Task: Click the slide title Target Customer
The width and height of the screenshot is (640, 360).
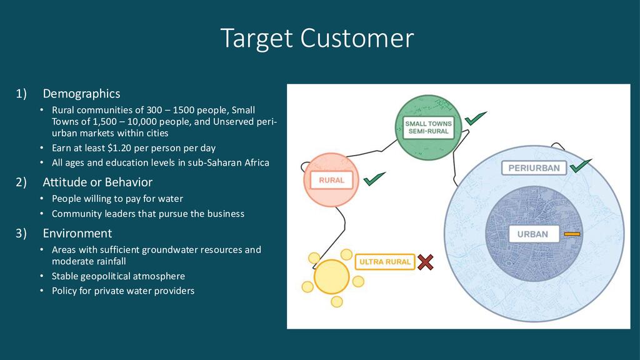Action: click(317, 39)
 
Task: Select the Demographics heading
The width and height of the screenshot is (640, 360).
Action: click(81, 94)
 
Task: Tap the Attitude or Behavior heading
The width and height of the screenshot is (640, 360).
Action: click(97, 182)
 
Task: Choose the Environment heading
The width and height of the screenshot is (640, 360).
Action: click(77, 234)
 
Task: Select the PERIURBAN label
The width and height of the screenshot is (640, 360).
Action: click(533, 168)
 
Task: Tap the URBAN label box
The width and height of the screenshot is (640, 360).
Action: click(532, 234)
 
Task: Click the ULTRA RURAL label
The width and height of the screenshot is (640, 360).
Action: click(384, 262)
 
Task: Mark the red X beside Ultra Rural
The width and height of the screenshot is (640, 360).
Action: click(426, 262)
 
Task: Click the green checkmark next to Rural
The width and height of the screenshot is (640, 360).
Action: click(374, 180)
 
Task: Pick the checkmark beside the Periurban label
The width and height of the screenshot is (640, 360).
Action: click(581, 166)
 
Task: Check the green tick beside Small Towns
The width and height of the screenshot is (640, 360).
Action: click(476, 118)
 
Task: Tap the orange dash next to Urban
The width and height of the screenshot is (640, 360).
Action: click(572, 234)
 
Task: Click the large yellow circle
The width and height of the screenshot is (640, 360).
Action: click(331, 277)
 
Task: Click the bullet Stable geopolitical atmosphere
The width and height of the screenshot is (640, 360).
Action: click(118, 276)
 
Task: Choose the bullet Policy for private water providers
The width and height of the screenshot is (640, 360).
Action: click(123, 291)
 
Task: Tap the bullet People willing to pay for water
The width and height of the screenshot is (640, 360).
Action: click(117, 199)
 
